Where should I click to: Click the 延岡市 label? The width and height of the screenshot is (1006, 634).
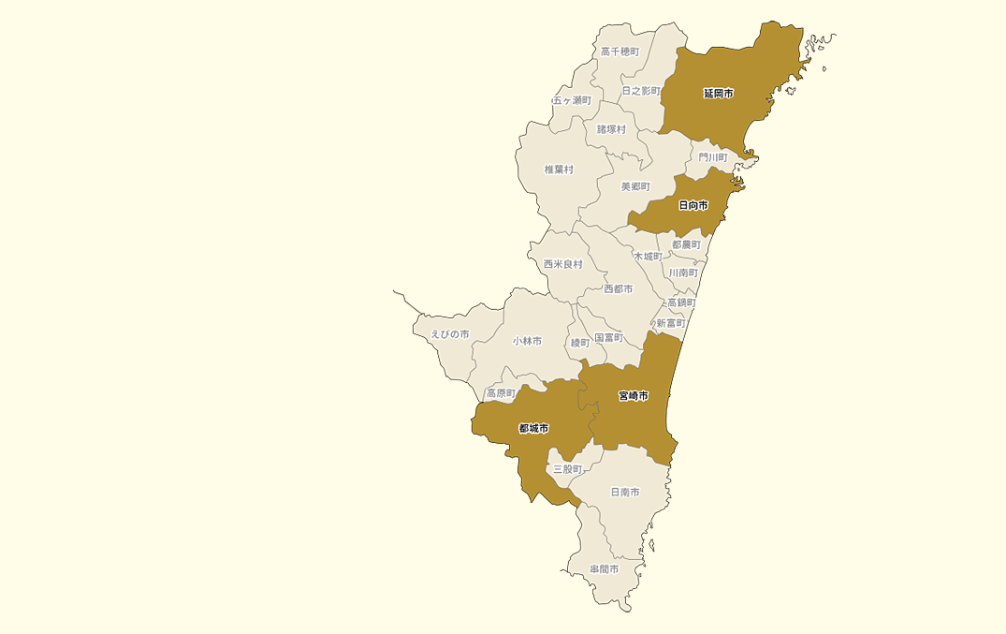coord(719,94)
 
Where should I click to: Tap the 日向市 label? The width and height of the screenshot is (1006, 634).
coord(693,205)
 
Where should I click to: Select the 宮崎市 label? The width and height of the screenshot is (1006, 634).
coord(634,396)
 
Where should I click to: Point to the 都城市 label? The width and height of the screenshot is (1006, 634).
coord(533,429)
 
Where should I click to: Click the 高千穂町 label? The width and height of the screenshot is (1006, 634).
coord(620,52)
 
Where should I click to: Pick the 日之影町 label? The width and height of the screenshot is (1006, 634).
coord(641,91)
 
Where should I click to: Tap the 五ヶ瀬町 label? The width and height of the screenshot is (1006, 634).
coord(572,100)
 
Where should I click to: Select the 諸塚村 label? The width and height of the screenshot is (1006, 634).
coord(611,129)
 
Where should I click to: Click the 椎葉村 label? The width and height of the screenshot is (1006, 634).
coord(559,170)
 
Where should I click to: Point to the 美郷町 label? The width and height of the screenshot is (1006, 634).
coord(635,186)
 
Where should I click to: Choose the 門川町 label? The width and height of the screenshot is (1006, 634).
coord(713,157)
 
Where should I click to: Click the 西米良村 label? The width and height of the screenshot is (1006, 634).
coord(563,264)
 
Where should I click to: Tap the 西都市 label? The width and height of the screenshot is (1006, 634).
coord(618,289)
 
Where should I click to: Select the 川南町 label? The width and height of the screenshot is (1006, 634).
coord(683,273)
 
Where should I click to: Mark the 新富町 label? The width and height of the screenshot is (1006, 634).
coord(671,323)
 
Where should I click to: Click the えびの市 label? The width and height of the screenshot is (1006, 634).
coord(449,334)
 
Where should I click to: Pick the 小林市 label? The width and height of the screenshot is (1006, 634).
coord(527,342)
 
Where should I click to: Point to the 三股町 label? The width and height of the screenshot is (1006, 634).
coord(567,468)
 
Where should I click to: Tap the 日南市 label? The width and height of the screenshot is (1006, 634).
coord(625,492)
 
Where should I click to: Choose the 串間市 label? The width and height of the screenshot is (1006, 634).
coord(605,568)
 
